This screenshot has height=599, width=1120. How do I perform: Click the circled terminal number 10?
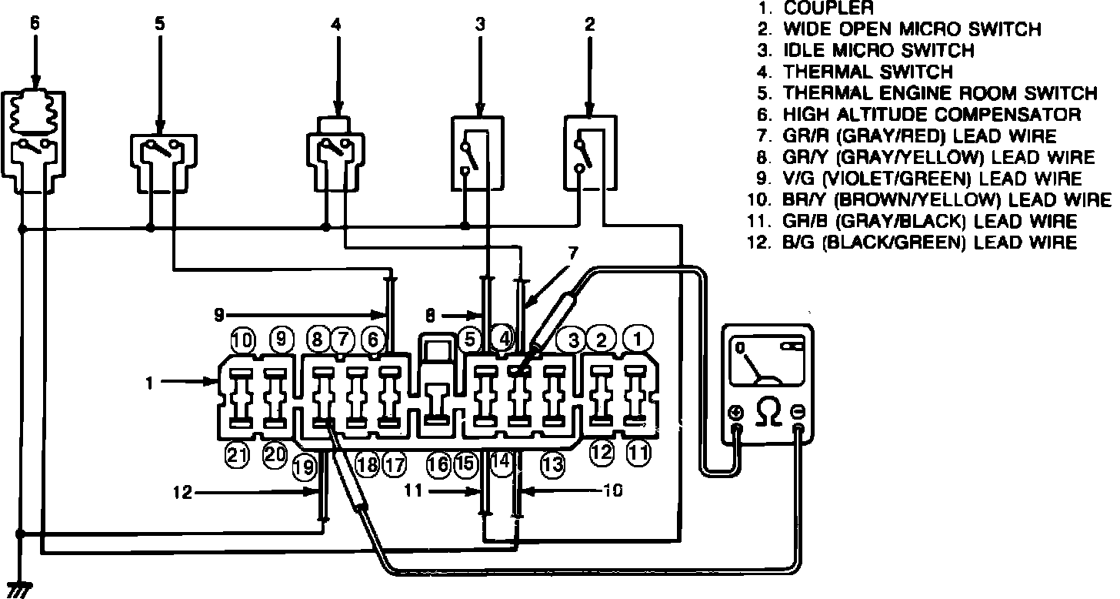243,341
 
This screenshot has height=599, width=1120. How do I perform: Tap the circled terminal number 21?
238,456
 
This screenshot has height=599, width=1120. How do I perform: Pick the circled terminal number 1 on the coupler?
637,340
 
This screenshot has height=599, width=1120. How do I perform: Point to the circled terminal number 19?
304,467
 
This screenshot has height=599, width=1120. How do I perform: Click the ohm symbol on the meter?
768,410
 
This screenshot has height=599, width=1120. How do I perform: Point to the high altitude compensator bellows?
35,112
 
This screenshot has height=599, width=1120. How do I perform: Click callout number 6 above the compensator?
35,24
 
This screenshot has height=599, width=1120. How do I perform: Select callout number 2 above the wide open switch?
590,24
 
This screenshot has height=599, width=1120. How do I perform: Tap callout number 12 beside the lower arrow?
182,493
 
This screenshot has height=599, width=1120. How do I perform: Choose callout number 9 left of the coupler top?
219,315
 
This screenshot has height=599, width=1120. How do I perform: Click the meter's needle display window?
767,362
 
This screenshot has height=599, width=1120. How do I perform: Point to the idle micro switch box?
477,153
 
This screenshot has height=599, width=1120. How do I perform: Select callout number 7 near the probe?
573,253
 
